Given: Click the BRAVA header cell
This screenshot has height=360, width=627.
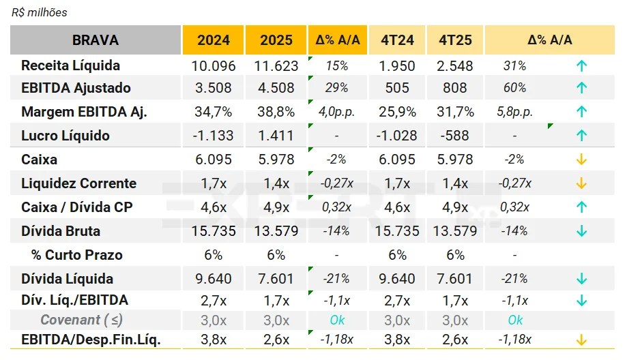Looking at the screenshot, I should pos(95,40).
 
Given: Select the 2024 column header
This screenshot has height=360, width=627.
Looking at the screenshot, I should pos(214,40).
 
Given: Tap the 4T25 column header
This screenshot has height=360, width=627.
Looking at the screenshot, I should pos(455,40).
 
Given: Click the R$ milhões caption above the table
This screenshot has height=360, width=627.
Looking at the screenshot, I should pos(40,12).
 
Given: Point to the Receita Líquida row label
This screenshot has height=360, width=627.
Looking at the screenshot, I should pos(70,65).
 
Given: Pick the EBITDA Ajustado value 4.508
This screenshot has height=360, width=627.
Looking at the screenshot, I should pos(276,88).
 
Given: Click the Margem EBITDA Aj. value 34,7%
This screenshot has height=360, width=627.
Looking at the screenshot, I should pos(214,112).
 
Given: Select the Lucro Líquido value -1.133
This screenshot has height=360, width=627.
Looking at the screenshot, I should pos(214,136).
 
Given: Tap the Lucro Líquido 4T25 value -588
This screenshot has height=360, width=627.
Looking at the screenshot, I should pos(455,136).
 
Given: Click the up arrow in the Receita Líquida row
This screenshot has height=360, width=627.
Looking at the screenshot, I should pos(581,66).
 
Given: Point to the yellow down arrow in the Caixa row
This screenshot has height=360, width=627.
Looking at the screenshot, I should pos(581,160).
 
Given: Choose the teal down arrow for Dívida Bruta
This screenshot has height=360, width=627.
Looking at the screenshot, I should pos(581,231).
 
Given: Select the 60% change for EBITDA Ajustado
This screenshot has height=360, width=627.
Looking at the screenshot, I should pos(514,88).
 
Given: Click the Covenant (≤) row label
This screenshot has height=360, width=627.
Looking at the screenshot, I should pos(81,320).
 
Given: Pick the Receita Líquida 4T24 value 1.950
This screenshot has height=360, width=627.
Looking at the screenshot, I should pos(397,66).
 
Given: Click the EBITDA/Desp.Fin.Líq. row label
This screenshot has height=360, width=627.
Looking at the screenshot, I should pos(91,340).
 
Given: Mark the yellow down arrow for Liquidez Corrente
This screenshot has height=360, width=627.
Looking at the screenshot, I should pos(581,183).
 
